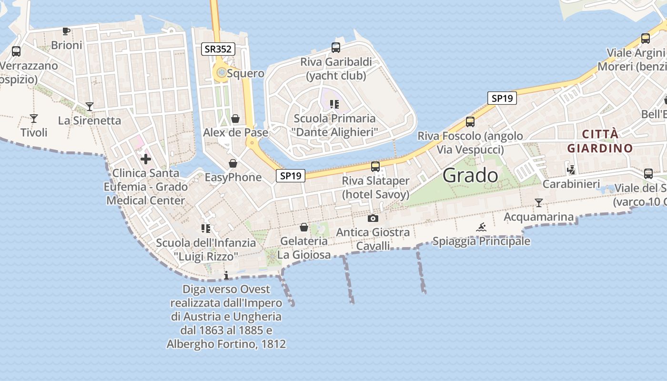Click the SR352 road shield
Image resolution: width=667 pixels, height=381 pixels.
point(218,49)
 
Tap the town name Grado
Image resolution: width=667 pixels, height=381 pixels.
point(470,175)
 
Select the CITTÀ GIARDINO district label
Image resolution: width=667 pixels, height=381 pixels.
point(600,141)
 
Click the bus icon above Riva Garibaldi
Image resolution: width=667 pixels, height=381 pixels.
point(336,47)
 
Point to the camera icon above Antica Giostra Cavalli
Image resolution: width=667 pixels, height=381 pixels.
point(373,218)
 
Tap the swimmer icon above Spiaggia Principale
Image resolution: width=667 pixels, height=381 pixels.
point(481,227)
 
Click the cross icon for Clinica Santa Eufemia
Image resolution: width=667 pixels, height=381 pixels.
point(146,159)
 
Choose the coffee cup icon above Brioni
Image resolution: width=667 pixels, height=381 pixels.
point(66,31)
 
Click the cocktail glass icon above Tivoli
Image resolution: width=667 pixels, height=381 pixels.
point(33,118)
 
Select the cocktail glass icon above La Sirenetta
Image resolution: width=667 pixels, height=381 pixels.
point(89,106)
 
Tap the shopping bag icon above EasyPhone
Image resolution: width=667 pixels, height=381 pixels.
point(233,163)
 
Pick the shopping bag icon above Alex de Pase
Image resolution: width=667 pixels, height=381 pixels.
point(235,118)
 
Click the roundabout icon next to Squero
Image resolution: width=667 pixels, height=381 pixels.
point(222,73)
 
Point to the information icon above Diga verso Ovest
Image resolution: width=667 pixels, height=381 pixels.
point(226,275)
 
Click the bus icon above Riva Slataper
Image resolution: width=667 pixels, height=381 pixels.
point(375,167)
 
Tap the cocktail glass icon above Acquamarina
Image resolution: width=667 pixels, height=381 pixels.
point(538,203)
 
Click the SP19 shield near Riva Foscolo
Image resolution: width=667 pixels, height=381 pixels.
point(502,99)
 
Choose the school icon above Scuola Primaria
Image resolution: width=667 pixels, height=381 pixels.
point(334,104)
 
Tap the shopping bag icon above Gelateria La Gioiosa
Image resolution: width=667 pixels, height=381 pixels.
point(304,227)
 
